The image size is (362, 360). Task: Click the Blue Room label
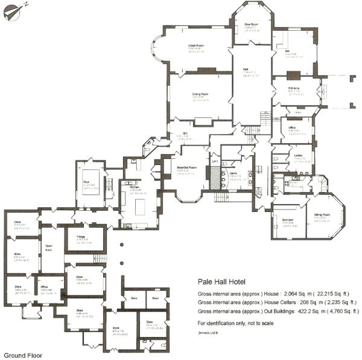click(x=251, y=25)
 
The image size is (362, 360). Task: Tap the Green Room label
click(x=195, y=45)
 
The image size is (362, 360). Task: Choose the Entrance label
click(x=294, y=89)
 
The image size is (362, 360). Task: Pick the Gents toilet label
click(x=233, y=173)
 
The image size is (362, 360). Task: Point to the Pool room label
click(x=87, y=180)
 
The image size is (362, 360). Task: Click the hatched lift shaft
click(x=213, y=176)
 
